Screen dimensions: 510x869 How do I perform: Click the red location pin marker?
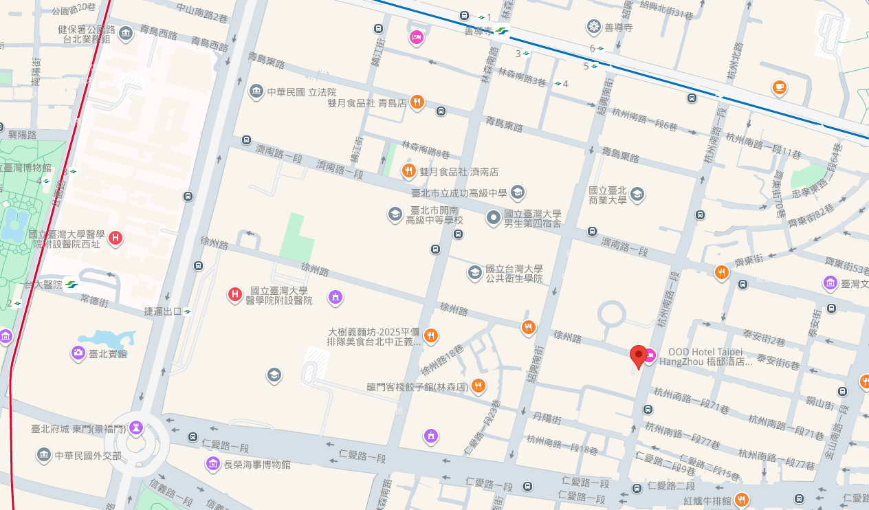639,357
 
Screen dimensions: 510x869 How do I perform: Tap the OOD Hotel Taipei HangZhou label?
706,357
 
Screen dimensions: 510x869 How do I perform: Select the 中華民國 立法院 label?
302,91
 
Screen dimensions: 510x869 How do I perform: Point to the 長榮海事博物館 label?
257,465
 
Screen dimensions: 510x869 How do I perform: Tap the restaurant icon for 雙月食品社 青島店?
417,102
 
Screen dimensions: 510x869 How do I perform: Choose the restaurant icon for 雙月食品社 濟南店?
408,171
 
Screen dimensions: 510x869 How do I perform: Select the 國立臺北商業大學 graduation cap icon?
637,194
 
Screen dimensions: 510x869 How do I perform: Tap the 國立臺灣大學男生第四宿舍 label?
532,219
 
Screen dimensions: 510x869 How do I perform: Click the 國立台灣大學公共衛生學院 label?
514,274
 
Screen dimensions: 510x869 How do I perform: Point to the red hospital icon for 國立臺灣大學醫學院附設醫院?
235,296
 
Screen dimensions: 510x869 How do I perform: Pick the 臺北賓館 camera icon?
78,353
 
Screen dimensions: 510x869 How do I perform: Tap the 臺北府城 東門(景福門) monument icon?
136,428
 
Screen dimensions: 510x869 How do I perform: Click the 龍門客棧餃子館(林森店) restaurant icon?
478,387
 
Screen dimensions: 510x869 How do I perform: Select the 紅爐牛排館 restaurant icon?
740,500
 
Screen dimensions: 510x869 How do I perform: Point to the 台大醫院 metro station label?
43,285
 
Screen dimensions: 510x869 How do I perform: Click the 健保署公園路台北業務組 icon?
126,32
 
